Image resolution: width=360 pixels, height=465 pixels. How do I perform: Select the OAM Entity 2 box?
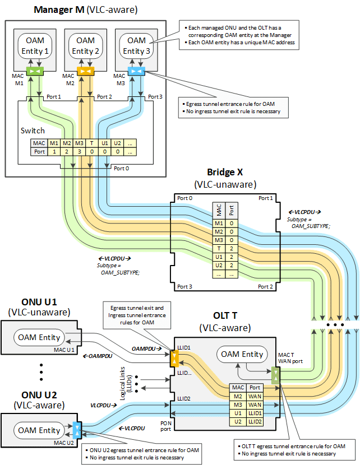(85, 45)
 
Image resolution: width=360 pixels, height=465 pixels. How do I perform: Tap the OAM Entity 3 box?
(136, 45)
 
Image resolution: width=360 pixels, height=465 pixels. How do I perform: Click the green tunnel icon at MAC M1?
(34, 72)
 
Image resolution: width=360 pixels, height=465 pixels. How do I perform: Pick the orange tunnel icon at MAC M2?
(85, 72)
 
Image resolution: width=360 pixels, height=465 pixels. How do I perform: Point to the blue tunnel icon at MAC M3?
(136, 72)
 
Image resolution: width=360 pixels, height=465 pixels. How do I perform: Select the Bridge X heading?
(225, 173)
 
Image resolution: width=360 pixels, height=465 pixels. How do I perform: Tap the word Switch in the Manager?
(33, 131)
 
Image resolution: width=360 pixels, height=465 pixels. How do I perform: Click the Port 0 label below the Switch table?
(121, 168)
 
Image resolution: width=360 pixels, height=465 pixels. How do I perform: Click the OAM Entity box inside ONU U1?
(41, 337)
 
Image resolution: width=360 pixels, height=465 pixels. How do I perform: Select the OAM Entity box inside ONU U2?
(41, 430)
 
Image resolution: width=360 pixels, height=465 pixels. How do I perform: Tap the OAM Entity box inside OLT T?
(242, 354)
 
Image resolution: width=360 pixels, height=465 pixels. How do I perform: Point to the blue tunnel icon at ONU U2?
(77, 430)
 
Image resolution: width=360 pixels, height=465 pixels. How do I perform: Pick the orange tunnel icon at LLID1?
(174, 357)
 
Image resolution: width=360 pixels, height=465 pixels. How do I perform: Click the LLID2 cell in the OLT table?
(255, 421)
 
